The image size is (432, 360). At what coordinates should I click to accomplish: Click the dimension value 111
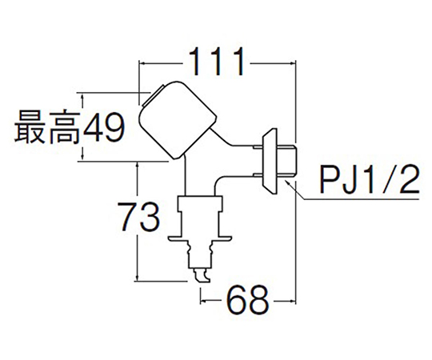pyautogui.click(x=217, y=62)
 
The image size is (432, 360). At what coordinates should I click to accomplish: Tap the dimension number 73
pyautogui.click(x=140, y=217)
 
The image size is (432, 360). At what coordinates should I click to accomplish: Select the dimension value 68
pyautogui.click(x=247, y=301)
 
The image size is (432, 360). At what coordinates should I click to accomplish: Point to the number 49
pyautogui.click(x=104, y=127)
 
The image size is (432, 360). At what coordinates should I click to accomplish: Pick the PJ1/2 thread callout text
pyautogui.click(x=370, y=178)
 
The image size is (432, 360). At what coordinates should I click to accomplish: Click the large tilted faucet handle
pyautogui.click(x=178, y=120)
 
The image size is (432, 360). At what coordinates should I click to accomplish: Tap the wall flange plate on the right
pyautogui.click(x=270, y=162)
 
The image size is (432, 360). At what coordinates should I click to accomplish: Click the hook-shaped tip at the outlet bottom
pyautogui.click(x=202, y=276)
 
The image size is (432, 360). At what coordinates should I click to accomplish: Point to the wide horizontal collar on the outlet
pyautogui.click(x=200, y=238)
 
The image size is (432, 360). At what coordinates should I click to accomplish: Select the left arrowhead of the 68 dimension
pyautogui.click(x=205, y=302)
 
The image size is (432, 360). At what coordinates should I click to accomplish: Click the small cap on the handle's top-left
pyautogui.click(x=152, y=95)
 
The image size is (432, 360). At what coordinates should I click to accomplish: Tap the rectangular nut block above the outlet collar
pyautogui.click(x=200, y=204)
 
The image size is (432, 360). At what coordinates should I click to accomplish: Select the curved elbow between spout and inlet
pyautogui.click(x=221, y=182)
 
